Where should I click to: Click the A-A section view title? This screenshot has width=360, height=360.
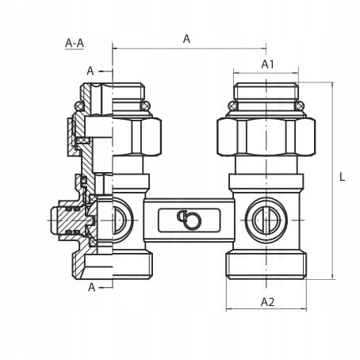(x=75, y=43)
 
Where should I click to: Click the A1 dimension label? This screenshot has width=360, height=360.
(x=268, y=64)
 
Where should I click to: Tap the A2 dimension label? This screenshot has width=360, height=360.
(x=267, y=302)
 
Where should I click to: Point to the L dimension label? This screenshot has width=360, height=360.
(x=342, y=177)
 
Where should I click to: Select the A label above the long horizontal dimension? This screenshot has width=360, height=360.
(x=186, y=39)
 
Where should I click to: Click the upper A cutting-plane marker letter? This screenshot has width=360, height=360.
(x=90, y=71)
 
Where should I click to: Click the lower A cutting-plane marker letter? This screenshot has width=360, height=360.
(x=91, y=287)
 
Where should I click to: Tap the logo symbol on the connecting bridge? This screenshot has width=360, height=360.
(x=189, y=220)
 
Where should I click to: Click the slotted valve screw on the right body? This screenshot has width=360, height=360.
(x=266, y=220)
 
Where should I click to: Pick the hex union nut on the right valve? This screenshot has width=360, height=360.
(x=266, y=136)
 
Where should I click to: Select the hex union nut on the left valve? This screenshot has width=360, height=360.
(x=137, y=136)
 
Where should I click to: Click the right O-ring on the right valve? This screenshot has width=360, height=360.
(x=300, y=106)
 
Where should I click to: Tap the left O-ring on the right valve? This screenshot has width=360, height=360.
(x=233, y=106)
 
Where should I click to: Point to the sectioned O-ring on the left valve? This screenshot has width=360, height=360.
(x=79, y=106)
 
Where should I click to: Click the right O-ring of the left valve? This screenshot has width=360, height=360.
(x=145, y=106)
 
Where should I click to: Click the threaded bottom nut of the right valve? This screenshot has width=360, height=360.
(x=266, y=265)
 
